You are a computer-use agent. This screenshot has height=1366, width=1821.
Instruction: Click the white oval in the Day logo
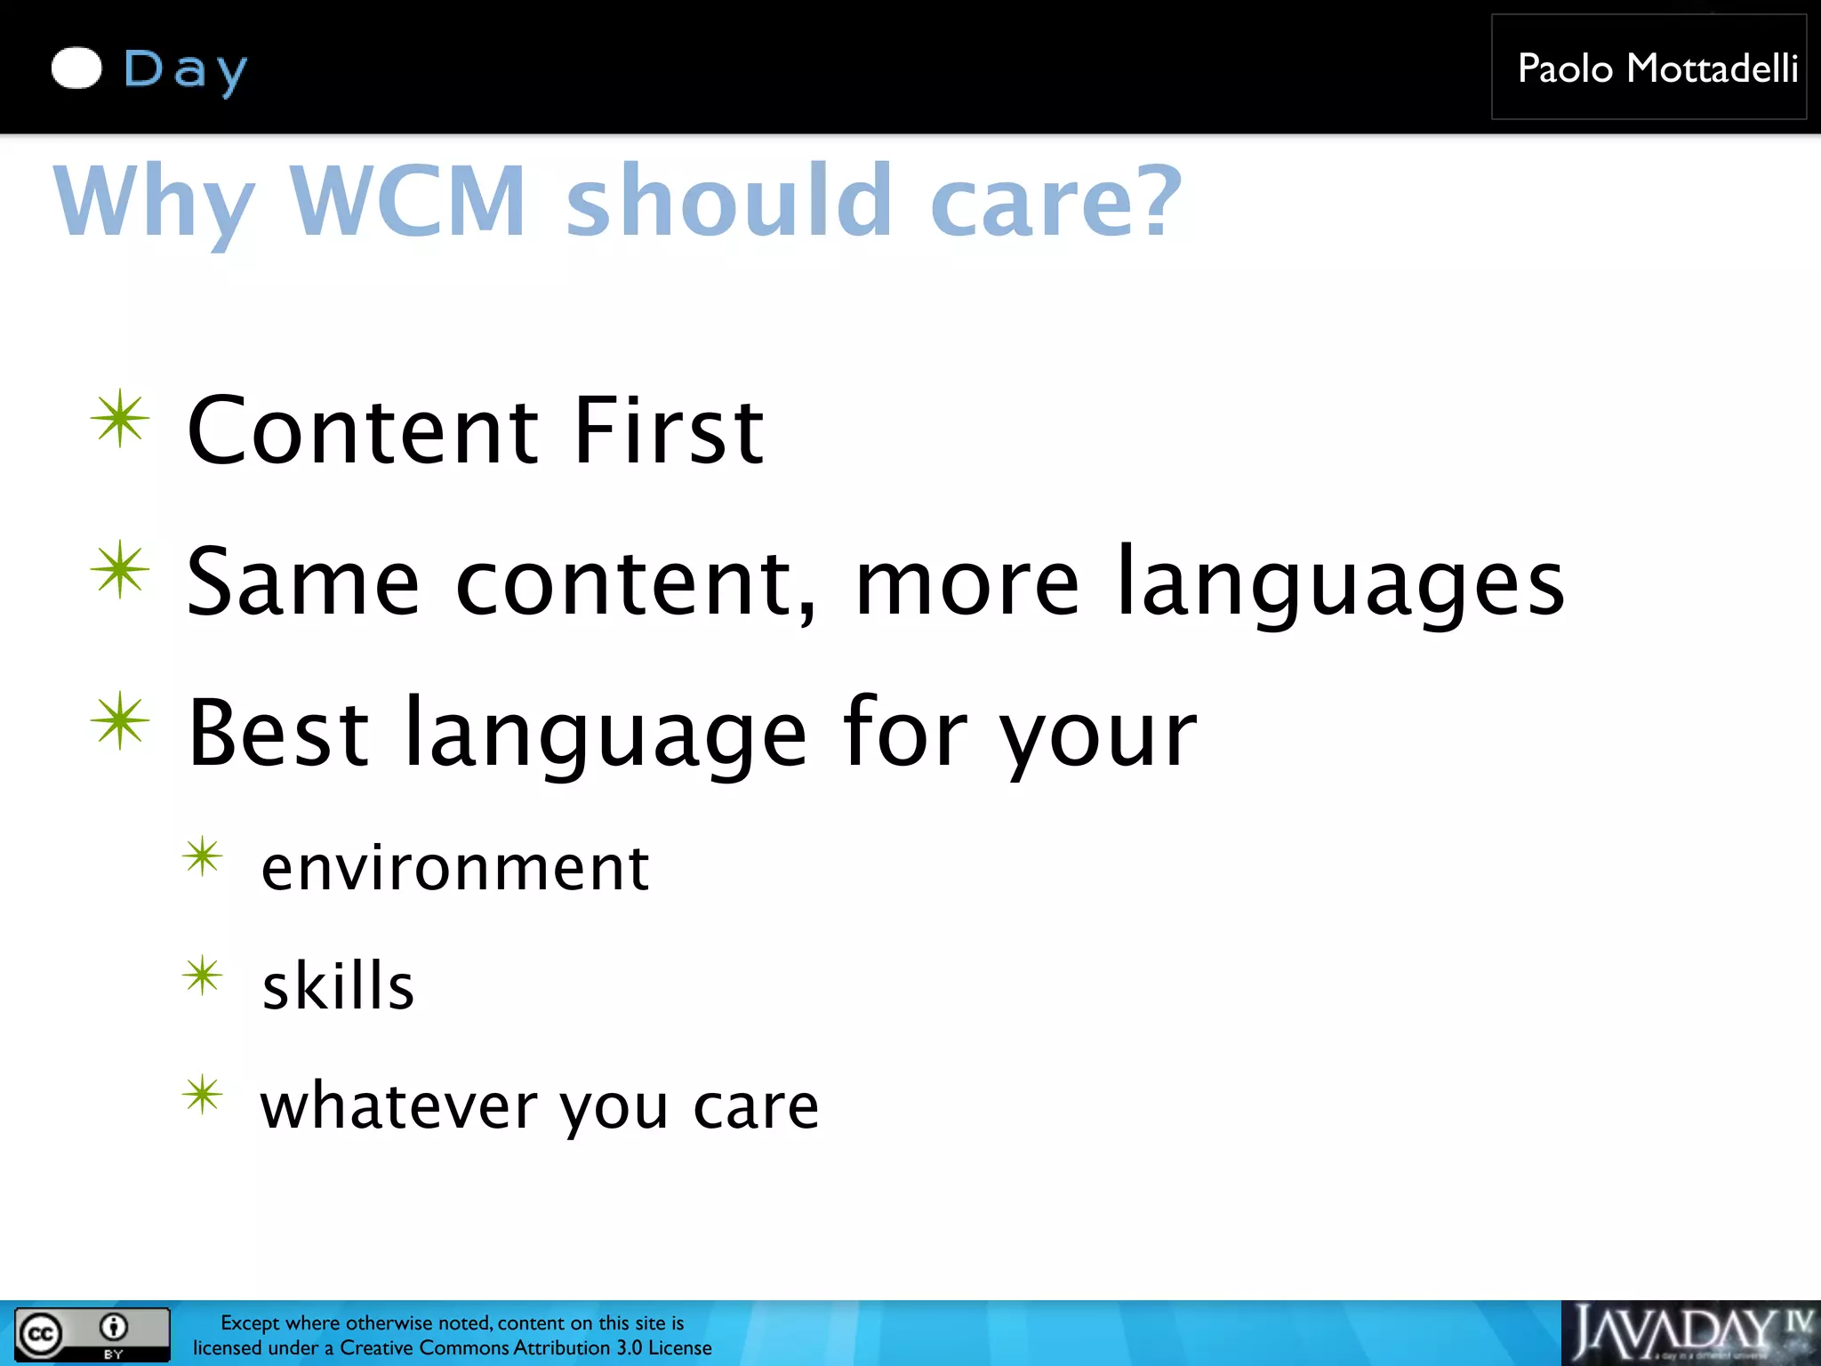pyautogui.click(x=76, y=68)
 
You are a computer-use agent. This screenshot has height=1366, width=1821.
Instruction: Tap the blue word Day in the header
pyautogui.click(x=185, y=69)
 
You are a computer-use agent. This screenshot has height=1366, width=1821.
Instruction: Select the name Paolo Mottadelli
pyautogui.click(x=1657, y=68)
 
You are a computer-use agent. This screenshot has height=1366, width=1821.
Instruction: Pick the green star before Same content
pyautogui.click(x=120, y=569)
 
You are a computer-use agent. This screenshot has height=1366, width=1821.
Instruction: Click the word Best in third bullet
pyautogui.click(x=278, y=733)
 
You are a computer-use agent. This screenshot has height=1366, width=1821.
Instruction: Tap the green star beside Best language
pyautogui.click(x=120, y=720)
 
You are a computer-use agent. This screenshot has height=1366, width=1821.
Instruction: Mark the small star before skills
pyautogui.click(x=203, y=976)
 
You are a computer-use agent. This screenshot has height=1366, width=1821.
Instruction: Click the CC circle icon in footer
pyautogui.click(x=40, y=1334)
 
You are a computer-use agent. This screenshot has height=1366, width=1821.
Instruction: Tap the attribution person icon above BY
pyautogui.click(x=113, y=1327)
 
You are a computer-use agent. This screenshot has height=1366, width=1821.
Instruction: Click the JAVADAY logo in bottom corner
pyautogui.click(x=1689, y=1332)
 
